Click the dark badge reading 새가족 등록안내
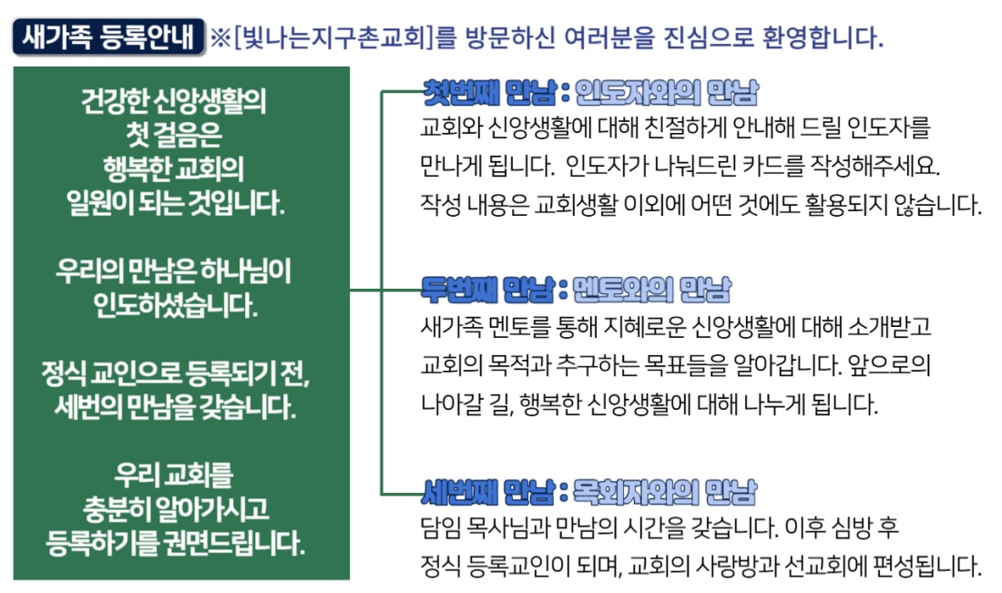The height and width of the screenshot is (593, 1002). click(108, 37)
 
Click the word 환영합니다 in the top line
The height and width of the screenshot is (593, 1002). click(823, 37)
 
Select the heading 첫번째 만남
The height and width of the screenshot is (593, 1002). click(489, 93)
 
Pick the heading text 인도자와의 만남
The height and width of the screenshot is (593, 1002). click(667, 93)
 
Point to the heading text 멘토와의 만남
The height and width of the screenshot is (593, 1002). click(652, 290)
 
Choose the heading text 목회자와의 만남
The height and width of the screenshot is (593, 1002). click(665, 492)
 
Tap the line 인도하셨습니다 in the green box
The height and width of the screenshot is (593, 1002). click(175, 305)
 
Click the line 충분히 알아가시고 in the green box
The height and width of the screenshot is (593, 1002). click(176, 509)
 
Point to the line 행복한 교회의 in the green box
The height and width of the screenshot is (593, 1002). click(174, 169)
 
